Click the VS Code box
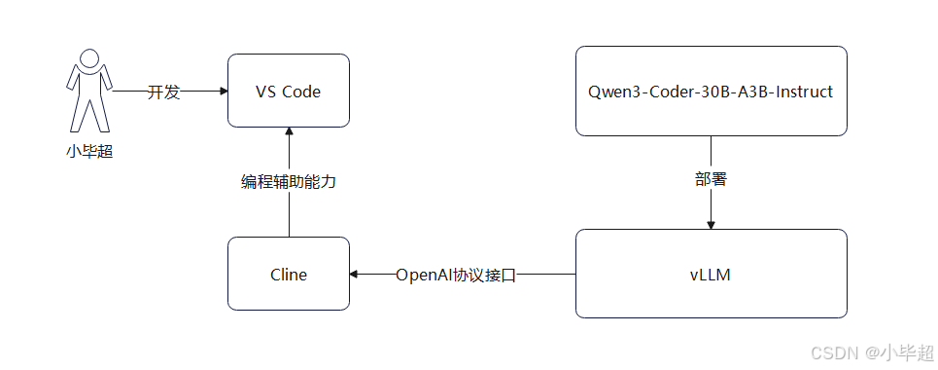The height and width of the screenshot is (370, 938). (288, 91)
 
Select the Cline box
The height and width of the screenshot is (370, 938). (288, 274)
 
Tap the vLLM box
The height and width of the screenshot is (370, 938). (711, 274)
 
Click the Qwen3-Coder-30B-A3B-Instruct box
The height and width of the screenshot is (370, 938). (711, 91)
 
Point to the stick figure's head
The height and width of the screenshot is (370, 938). (87, 59)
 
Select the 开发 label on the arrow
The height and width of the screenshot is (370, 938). (163, 92)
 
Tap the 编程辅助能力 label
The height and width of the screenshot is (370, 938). (289, 181)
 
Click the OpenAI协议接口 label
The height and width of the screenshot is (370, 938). (455, 275)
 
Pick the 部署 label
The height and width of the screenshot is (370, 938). (711, 180)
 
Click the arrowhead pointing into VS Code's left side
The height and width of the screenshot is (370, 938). (222, 92)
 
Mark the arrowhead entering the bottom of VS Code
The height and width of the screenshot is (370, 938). (289, 132)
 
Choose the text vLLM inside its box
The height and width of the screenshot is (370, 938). (711, 275)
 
